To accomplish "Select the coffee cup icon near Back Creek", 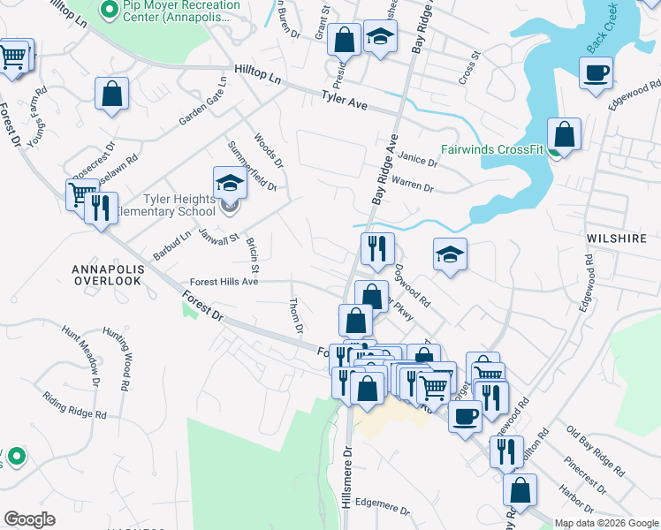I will coord(596,72).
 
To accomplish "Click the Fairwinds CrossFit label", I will coord(492,149).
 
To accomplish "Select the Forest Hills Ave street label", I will coord(218,282).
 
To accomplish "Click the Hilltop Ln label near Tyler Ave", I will coord(257,73).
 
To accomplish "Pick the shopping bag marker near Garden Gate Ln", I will coord(112,93).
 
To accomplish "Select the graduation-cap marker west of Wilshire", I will coord(450,254).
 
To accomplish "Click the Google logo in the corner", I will coord(29,519).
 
